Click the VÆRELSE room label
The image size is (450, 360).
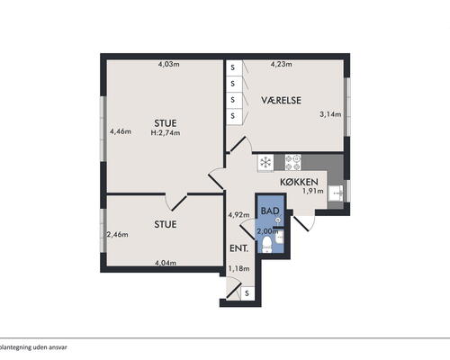[281, 100]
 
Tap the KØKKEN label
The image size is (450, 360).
[299, 182]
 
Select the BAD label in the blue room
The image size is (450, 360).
[270, 211]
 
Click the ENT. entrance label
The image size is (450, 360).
[238, 248]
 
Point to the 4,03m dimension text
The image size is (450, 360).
[169, 64]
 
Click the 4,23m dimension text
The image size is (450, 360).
[282, 64]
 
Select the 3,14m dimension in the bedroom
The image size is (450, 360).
[330, 114]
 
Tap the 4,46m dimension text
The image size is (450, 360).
[121, 131]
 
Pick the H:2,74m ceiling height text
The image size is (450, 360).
[166, 133]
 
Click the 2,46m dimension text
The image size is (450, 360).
[118, 235]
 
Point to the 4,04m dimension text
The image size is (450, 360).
[166, 263]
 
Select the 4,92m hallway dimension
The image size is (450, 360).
[238, 215]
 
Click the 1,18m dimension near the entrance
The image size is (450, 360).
[238, 268]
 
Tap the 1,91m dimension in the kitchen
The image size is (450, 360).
[313, 191]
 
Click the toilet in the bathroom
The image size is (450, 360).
[266, 244]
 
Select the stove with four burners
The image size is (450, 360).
[292, 163]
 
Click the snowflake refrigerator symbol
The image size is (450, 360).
[265, 163]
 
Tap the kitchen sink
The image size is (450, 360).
[336, 193]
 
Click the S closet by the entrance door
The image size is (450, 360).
[247, 293]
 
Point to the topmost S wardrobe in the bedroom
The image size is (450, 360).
[234, 67]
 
